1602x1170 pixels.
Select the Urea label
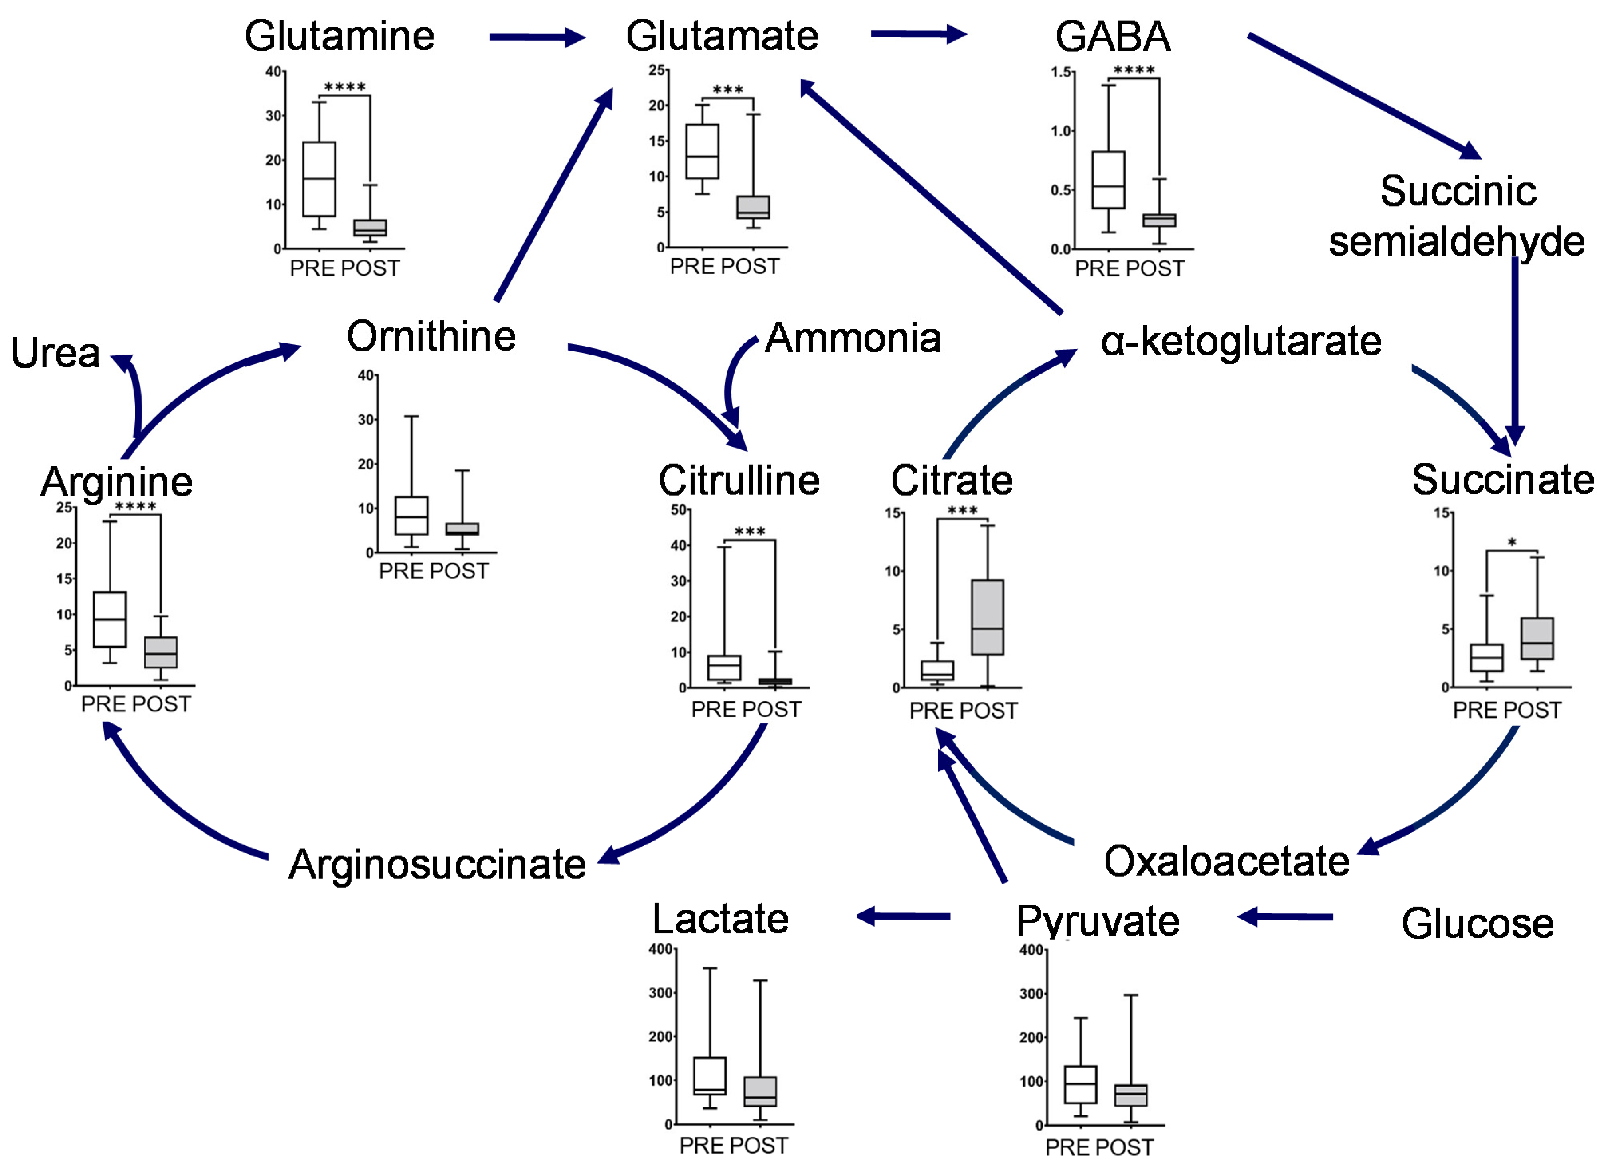coord(55,353)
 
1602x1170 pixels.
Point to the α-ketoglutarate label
coord(1240,341)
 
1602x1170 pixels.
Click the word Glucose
coord(1477,924)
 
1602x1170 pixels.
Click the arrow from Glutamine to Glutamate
coord(536,37)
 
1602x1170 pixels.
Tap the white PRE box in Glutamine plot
coord(319,179)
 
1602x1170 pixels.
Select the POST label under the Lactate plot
coord(759,1145)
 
